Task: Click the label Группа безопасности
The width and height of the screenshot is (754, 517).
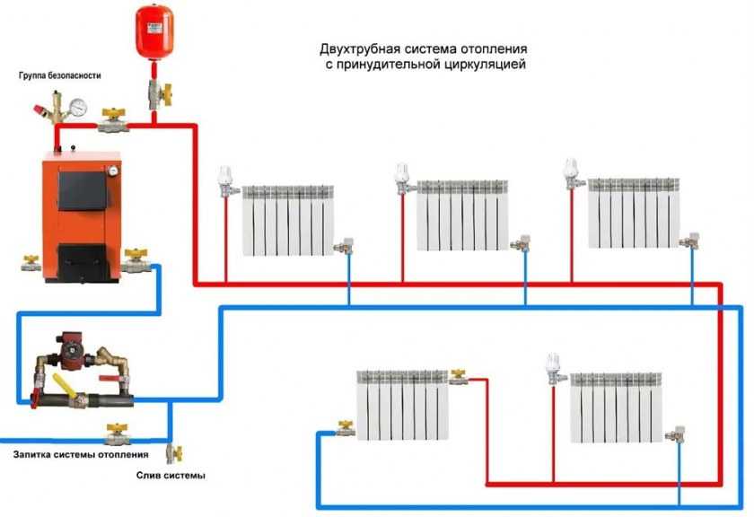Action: point(60,76)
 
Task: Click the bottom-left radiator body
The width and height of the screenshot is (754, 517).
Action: point(401,404)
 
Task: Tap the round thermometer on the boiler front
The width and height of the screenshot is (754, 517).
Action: point(115,166)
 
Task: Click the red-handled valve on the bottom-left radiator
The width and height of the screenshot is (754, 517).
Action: point(460,374)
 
